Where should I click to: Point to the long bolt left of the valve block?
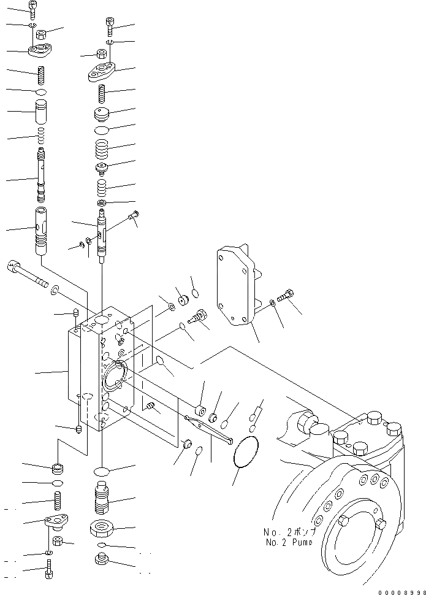click(x=28, y=274)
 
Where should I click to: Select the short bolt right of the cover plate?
click(x=286, y=297)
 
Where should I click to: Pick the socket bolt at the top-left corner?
click(x=33, y=9)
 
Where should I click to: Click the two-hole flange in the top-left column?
click(x=40, y=49)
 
